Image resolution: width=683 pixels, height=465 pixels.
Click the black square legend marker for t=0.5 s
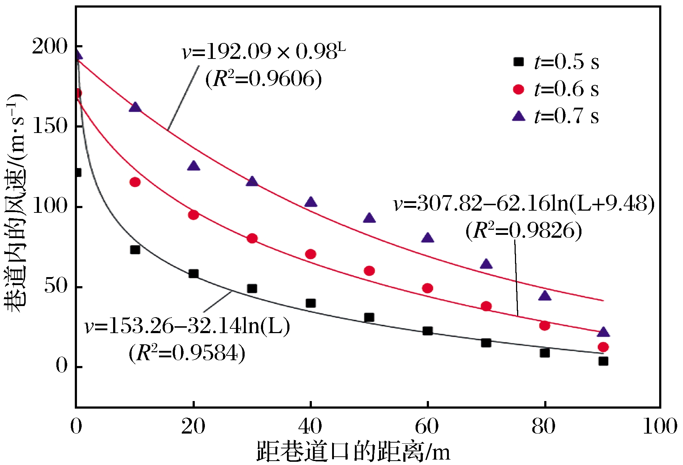(x=519, y=62)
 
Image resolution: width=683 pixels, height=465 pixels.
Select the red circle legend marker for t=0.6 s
(x=519, y=89)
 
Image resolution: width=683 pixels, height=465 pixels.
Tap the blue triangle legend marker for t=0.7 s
(x=519, y=116)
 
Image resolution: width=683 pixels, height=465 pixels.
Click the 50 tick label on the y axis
(x=56, y=286)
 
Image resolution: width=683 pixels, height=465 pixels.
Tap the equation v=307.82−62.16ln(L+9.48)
(x=524, y=204)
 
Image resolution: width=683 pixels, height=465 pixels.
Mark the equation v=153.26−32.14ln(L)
(x=187, y=326)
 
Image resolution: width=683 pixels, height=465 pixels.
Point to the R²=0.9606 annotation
(x=263, y=79)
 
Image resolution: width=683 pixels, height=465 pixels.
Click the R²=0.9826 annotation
(x=524, y=231)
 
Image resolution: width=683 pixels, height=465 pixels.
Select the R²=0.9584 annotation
(x=187, y=353)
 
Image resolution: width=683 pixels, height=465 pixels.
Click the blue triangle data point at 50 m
(x=369, y=218)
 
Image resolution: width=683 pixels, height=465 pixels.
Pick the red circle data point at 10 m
(x=135, y=182)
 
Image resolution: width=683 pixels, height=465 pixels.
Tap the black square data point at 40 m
(x=310, y=303)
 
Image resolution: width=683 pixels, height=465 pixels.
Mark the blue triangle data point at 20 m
(x=194, y=166)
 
